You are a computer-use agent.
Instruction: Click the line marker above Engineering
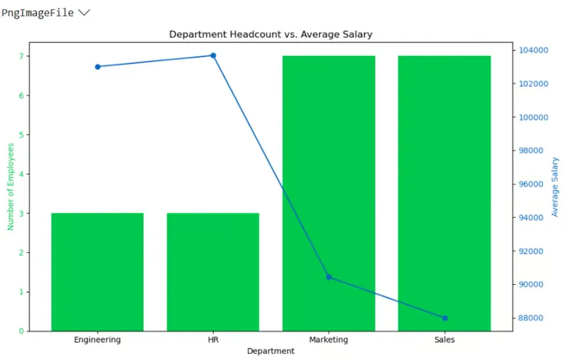[x=97, y=67]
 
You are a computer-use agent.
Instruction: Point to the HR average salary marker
[x=213, y=55]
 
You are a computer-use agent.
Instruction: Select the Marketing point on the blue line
[x=329, y=277]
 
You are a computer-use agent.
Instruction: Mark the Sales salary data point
[x=445, y=318]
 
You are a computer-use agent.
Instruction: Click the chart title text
[x=271, y=34]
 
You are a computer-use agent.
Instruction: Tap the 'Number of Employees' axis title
[x=11, y=186]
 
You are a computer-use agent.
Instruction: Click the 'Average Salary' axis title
[x=555, y=187]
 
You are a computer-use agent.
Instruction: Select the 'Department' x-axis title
[x=271, y=351]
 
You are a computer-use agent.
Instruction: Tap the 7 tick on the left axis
[x=22, y=56]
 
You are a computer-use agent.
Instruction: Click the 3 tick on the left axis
[x=22, y=214]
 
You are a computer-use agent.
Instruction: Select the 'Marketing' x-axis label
[x=329, y=339]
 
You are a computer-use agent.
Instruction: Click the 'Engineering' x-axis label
[x=97, y=339]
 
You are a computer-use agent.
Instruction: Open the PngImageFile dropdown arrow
[x=84, y=13]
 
